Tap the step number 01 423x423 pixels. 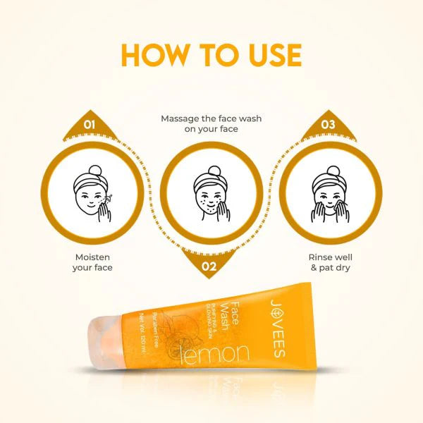pyautogui.click(x=90, y=125)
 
